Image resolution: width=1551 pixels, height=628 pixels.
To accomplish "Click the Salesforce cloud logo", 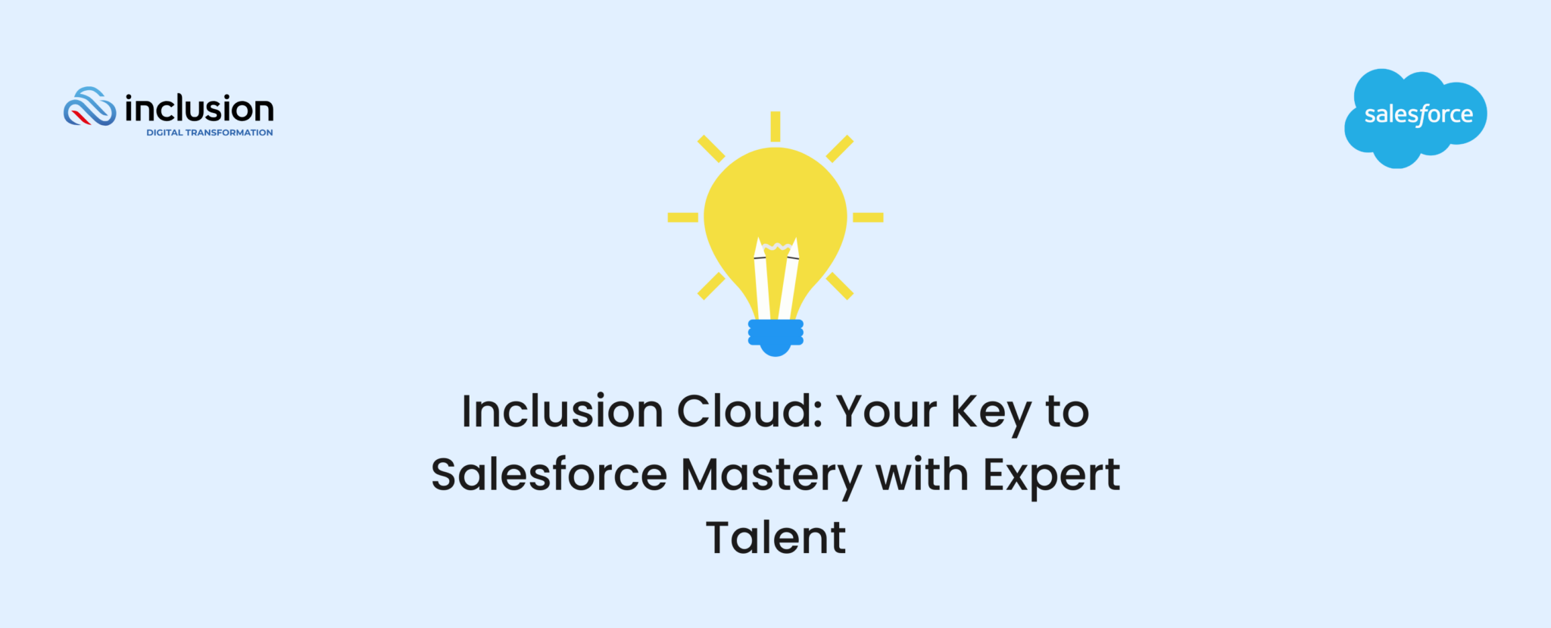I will [1415, 117].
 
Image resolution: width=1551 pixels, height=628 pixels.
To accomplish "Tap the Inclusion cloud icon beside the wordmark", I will [89, 107].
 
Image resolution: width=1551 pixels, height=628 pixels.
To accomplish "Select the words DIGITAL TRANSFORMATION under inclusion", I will [209, 133].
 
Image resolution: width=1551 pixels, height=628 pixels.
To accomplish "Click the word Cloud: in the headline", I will [749, 412].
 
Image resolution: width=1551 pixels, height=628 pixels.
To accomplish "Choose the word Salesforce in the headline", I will [549, 475].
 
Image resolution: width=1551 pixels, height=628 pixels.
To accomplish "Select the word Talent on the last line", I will [775, 538].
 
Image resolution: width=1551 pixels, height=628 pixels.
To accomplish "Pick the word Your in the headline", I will [886, 412].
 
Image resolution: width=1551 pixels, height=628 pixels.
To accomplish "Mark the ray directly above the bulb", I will [775, 127].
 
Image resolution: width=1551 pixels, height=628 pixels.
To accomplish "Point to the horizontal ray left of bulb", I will [682, 217].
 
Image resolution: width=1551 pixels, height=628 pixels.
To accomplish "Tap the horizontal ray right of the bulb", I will [868, 217].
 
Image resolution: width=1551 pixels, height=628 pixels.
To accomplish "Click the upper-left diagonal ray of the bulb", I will [711, 148].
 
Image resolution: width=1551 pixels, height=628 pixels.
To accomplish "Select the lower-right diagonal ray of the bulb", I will [840, 286].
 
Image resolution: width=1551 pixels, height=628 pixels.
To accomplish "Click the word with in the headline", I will [922, 475].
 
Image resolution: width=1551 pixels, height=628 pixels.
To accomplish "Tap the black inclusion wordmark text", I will [199, 109].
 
